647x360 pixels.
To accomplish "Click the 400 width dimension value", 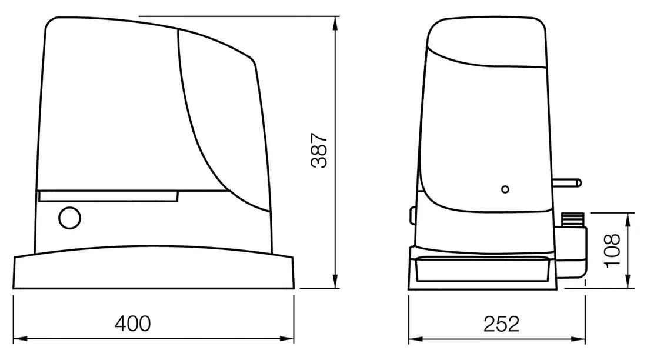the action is pos(132,324).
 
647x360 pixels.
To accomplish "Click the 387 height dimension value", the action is pos(319,150).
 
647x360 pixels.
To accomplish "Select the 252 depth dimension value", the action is pos(501,324).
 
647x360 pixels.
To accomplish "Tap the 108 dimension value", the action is pos(612,251).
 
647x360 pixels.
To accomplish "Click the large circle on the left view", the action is pos(70,218).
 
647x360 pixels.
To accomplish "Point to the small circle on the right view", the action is pos(505,189).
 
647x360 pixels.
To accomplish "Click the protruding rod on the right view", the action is pos(567,182).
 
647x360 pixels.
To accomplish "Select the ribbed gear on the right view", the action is pos(573,219).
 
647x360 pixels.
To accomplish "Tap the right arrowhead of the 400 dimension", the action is pos(287,339).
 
